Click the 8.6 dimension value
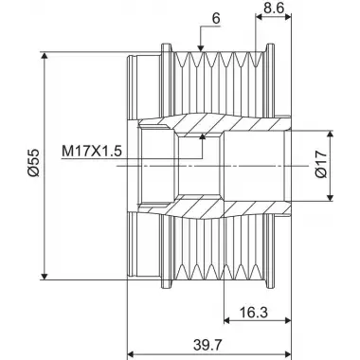coord(273,8)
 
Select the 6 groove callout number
coord(216,19)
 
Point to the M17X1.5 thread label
coord(92,152)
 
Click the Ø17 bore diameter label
coord(321,164)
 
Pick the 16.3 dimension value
coord(254,313)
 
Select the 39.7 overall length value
coord(208,345)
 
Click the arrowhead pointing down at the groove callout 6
coord(200,47)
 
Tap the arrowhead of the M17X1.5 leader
coord(203,136)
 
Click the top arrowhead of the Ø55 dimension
coord(45,56)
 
